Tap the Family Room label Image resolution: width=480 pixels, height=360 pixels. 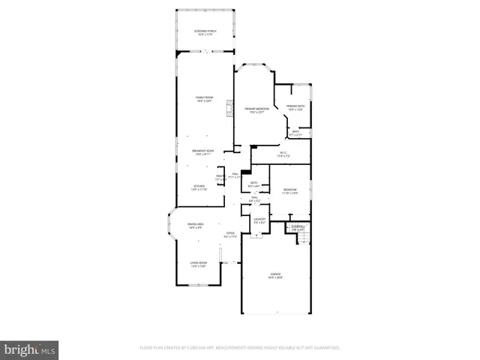pyautogui.click(x=205, y=99)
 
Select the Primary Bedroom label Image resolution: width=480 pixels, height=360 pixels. pyautogui.click(x=256, y=110)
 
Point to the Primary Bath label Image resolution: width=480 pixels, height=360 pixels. pyautogui.click(x=296, y=108)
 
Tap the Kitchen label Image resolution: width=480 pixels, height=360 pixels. pyautogui.click(x=199, y=187)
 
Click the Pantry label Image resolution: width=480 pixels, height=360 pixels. pyautogui.click(x=220, y=178)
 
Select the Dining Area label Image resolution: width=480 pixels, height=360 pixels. pyautogui.click(x=196, y=226)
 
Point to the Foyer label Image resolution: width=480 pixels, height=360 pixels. pyautogui.click(x=230, y=235)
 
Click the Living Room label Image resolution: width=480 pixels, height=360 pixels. pyautogui.click(x=199, y=265)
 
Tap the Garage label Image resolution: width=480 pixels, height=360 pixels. pyautogui.click(x=275, y=276)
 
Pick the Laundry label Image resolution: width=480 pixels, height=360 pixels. pyautogui.click(x=259, y=221)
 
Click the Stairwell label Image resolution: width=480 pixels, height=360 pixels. pyautogui.click(x=298, y=228)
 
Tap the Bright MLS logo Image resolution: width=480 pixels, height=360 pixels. pyautogui.click(x=30, y=349)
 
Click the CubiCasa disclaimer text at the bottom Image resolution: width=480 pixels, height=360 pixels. pyautogui.click(x=240, y=348)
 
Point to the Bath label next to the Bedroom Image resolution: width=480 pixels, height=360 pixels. pyautogui.click(x=254, y=184)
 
